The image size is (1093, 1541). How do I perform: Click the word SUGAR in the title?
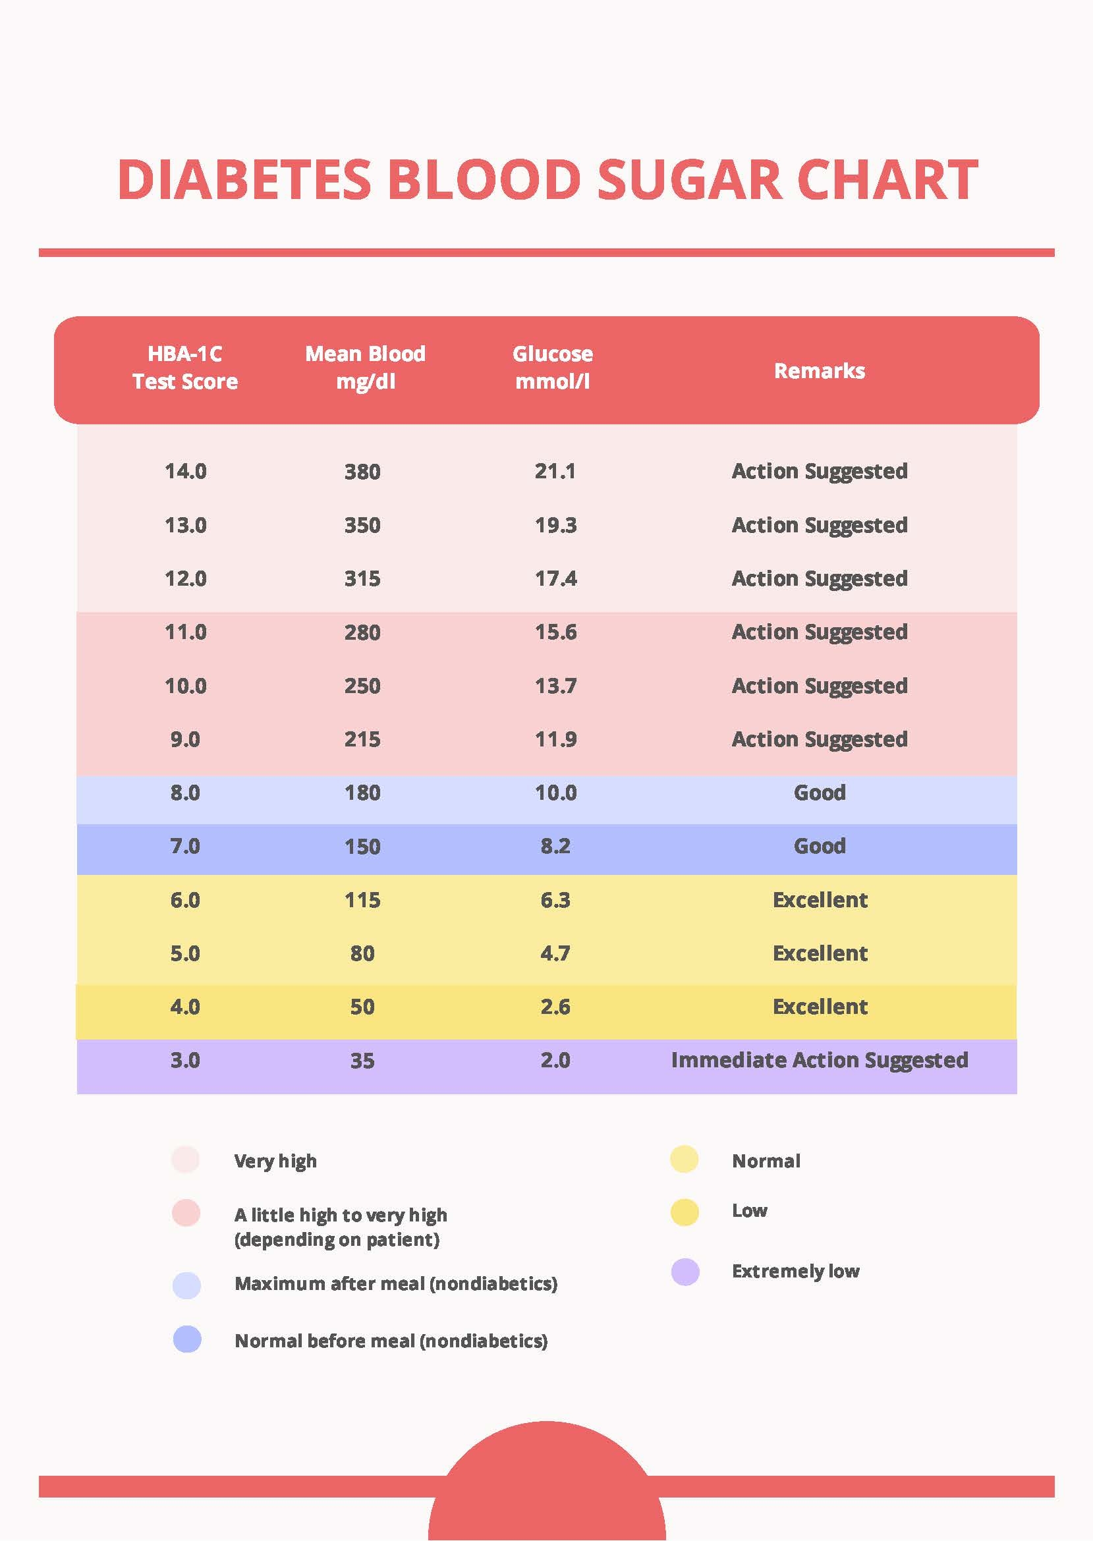pos(689,181)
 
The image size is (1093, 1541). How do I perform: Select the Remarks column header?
pos(819,371)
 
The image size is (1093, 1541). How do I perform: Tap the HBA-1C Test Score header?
pos(185,368)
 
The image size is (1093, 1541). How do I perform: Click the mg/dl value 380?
pos(362,472)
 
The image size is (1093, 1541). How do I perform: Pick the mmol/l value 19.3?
pos(555,525)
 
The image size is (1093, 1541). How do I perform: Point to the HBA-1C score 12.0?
pos(185,578)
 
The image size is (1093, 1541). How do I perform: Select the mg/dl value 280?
pos(362,632)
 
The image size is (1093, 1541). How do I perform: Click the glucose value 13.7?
pos(555,686)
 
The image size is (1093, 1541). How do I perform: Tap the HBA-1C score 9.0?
pos(185,740)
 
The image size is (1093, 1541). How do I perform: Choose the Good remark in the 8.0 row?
pos(819,793)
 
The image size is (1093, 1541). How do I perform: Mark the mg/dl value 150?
pos(362,847)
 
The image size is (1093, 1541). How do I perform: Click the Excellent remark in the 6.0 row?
pos(820,900)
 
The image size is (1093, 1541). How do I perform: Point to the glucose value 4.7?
pos(555,953)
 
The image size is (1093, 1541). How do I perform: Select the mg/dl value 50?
pos(362,1007)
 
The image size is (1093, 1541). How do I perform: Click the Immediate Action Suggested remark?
pos(819,1061)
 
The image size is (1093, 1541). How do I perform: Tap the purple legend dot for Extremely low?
pos(685,1272)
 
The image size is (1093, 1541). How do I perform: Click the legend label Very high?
pos(275,1161)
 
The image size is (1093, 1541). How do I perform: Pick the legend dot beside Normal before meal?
pos(187,1339)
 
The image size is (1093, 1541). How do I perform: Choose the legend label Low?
pos(749,1210)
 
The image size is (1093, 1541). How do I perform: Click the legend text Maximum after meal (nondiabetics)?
pos(396,1283)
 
